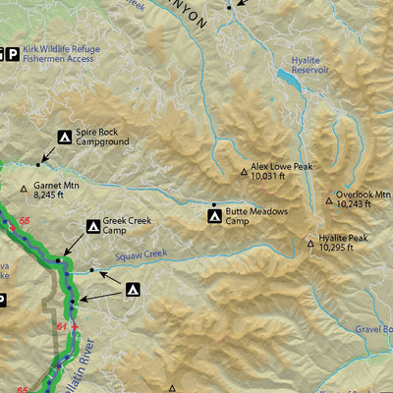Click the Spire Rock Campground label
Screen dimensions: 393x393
[105, 136]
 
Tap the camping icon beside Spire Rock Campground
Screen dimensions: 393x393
[65, 136]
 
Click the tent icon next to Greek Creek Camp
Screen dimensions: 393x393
[93, 226]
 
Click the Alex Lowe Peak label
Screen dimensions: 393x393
[281, 167]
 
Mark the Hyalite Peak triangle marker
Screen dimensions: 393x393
[309, 239]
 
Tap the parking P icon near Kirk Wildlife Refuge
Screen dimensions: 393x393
[13, 53]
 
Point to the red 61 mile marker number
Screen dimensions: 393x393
[61, 326]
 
